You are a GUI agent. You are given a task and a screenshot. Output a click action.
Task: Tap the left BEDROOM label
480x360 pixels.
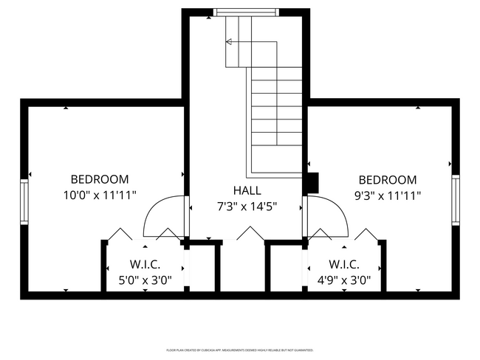[x=100, y=179]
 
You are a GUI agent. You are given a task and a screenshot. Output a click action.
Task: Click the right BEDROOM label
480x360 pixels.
[x=387, y=180]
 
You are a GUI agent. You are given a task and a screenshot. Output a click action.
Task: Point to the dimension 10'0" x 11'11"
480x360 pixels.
[x=100, y=195]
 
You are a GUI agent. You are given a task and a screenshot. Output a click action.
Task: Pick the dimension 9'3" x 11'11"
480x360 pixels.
[x=387, y=196]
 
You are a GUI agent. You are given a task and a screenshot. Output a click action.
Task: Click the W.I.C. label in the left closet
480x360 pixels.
[x=145, y=264]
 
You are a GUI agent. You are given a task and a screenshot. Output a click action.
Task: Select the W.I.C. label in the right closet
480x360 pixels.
[x=344, y=264]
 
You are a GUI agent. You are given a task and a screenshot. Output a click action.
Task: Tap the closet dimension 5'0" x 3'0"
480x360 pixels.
[x=145, y=280]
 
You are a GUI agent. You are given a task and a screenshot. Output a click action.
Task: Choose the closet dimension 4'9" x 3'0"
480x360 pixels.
[x=344, y=280]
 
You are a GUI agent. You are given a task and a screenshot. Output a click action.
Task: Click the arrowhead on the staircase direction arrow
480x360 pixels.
[x=230, y=43]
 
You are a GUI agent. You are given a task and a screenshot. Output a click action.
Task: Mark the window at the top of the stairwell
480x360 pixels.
[x=247, y=12]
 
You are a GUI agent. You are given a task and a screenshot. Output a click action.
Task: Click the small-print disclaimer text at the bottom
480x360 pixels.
[x=240, y=350]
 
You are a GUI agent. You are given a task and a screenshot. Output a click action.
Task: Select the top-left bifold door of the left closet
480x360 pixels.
[x=119, y=234]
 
